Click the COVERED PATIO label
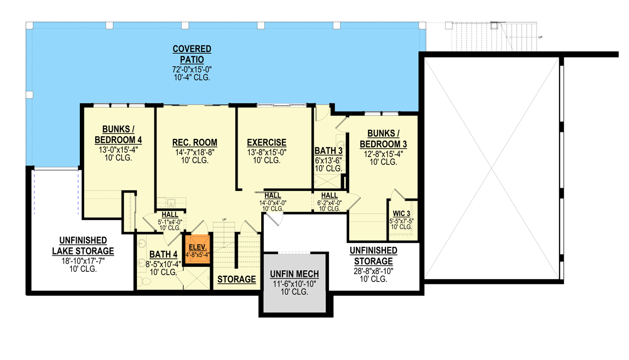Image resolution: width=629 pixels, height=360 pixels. [x=192, y=54]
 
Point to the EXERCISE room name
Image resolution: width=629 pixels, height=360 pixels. [x=267, y=143]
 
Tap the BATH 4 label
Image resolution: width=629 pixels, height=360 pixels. [x=163, y=254]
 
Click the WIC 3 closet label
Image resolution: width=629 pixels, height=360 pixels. [x=402, y=214]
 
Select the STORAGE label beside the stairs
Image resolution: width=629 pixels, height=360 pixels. [x=236, y=280]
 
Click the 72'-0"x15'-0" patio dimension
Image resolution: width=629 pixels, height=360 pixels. [x=192, y=69]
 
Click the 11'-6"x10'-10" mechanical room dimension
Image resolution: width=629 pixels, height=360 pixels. [x=294, y=283]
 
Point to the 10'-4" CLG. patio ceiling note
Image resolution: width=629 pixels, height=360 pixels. [x=192, y=78]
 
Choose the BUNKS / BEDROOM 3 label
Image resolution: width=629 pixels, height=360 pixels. [x=383, y=138]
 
